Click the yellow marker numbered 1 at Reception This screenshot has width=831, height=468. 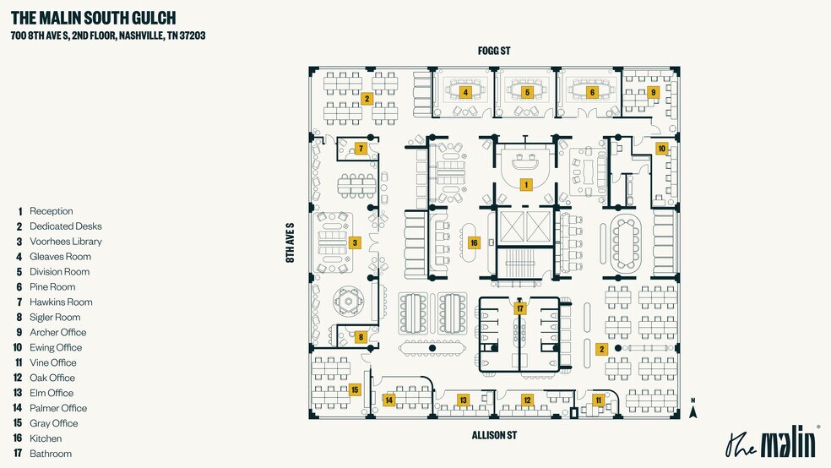[526, 184]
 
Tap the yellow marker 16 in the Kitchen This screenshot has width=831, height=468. [474, 242]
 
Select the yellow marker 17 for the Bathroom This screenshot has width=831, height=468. [520, 308]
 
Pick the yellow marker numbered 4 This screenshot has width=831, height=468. [465, 92]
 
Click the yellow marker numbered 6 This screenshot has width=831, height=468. [527, 92]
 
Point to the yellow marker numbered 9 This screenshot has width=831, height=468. [592, 92]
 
